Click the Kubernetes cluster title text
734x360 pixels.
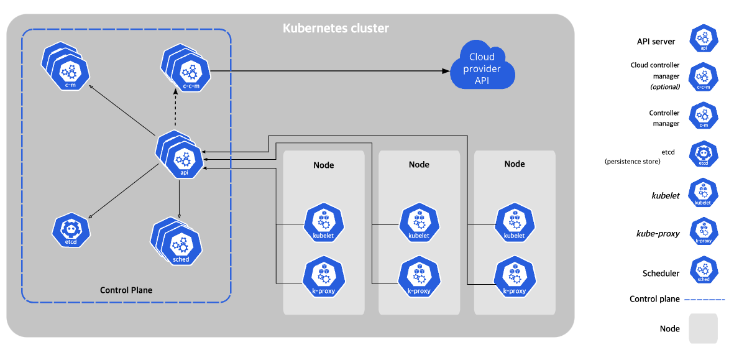click(x=336, y=29)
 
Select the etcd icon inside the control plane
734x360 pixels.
click(x=71, y=230)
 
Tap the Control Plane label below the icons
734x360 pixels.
click(x=126, y=290)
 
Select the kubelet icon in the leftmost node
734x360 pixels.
click(x=323, y=223)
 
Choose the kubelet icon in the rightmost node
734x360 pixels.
click(x=514, y=223)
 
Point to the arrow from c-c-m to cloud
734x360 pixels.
click(x=331, y=71)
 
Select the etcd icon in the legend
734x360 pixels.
click(x=703, y=154)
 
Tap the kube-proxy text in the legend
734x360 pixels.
click(x=658, y=233)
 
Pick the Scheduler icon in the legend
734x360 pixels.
click(x=703, y=271)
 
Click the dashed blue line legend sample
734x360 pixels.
click(x=705, y=298)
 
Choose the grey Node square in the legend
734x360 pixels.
click(x=703, y=328)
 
